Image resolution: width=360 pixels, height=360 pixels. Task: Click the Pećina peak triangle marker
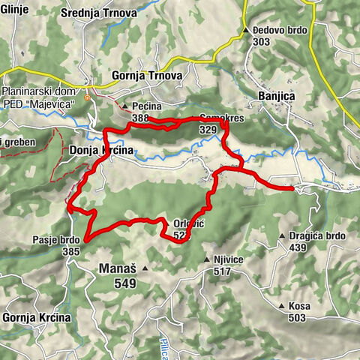tap(125, 106)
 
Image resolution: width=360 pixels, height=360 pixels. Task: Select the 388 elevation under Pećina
tap(140, 118)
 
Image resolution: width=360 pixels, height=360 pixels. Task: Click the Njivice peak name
tap(229, 260)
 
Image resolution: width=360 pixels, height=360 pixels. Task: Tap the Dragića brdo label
tap(317, 235)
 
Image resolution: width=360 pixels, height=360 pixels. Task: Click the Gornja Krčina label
tap(37, 317)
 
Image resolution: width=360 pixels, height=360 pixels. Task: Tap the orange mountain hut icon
tap(88, 97)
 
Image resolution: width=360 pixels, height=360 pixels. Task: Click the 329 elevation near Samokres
tap(208, 130)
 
